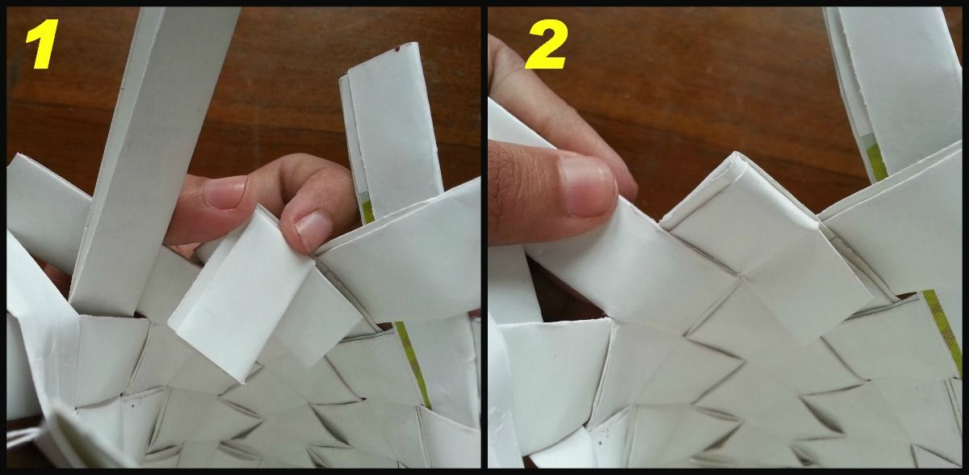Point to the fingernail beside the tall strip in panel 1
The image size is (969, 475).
coord(225,193)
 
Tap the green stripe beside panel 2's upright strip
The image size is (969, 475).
coord(874,158)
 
